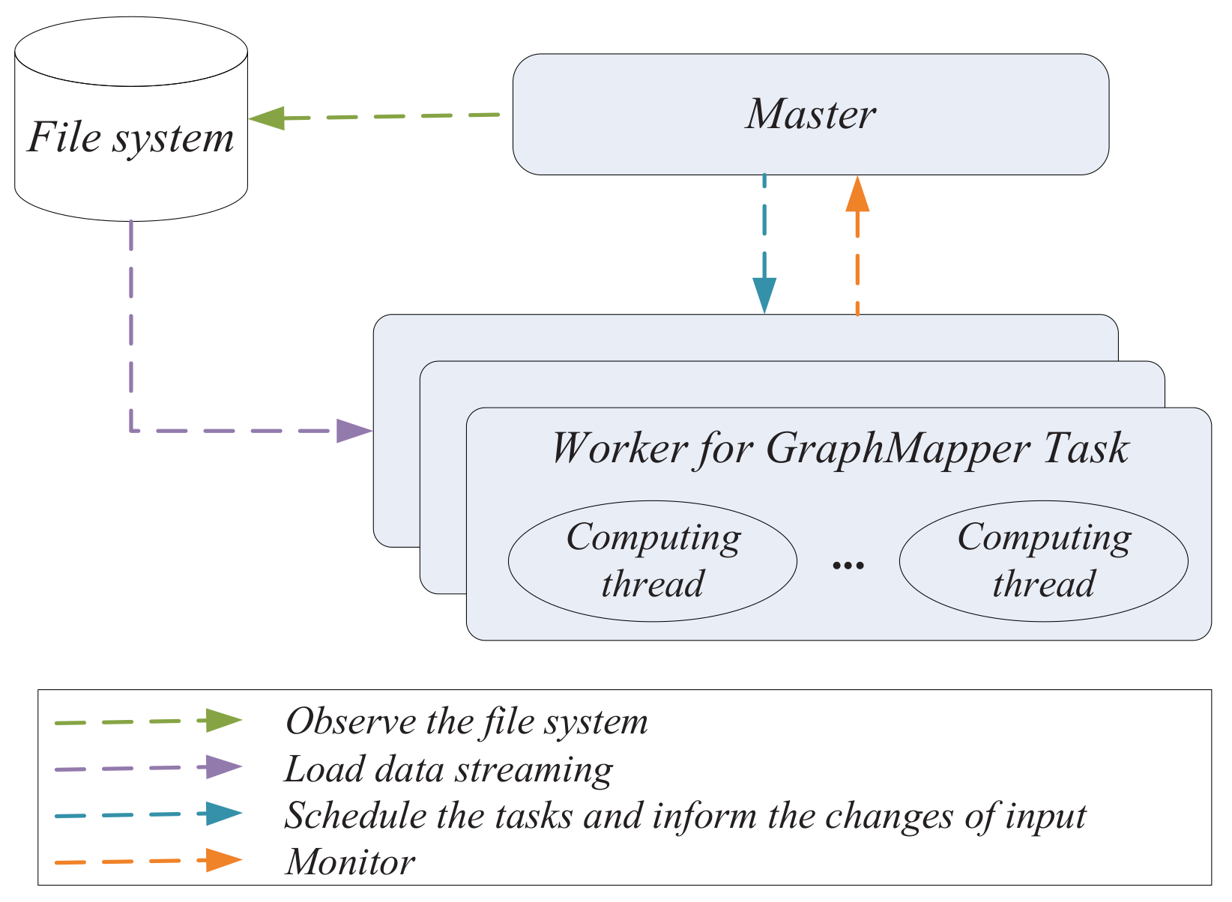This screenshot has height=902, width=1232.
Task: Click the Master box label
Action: pyautogui.click(x=810, y=115)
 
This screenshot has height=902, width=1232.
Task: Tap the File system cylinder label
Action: pyautogui.click(x=131, y=138)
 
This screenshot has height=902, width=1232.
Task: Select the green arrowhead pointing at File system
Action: pyautogui.click(x=267, y=118)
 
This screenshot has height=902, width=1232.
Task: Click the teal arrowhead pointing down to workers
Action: pyautogui.click(x=764, y=295)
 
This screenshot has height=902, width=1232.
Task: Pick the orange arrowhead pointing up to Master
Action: pyautogui.click(x=857, y=193)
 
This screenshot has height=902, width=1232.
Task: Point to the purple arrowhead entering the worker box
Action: pyautogui.click(x=354, y=431)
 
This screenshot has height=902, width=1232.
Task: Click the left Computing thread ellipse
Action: pyautogui.click(x=652, y=561)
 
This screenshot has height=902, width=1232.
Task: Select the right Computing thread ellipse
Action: pyautogui.click(x=1044, y=561)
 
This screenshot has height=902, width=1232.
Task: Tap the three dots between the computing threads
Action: pyautogui.click(x=848, y=565)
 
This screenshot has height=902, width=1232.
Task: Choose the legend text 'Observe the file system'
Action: pyautogui.click(x=467, y=721)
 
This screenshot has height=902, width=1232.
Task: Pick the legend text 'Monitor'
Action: pyautogui.click(x=351, y=862)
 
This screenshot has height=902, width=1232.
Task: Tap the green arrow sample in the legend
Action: pyautogui.click(x=148, y=721)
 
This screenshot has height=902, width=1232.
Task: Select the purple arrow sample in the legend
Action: pyautogui.click(x=148, y=768)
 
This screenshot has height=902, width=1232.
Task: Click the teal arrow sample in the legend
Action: pyautogui.click(x=148, y=814)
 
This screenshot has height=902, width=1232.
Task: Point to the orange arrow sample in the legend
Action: pyautogui.click(x=148, y=861)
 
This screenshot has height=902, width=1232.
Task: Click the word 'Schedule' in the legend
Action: pyautogui.click(x=355, y=815)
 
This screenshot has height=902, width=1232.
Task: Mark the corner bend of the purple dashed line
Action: pyautogui.click(x=131, y=431)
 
